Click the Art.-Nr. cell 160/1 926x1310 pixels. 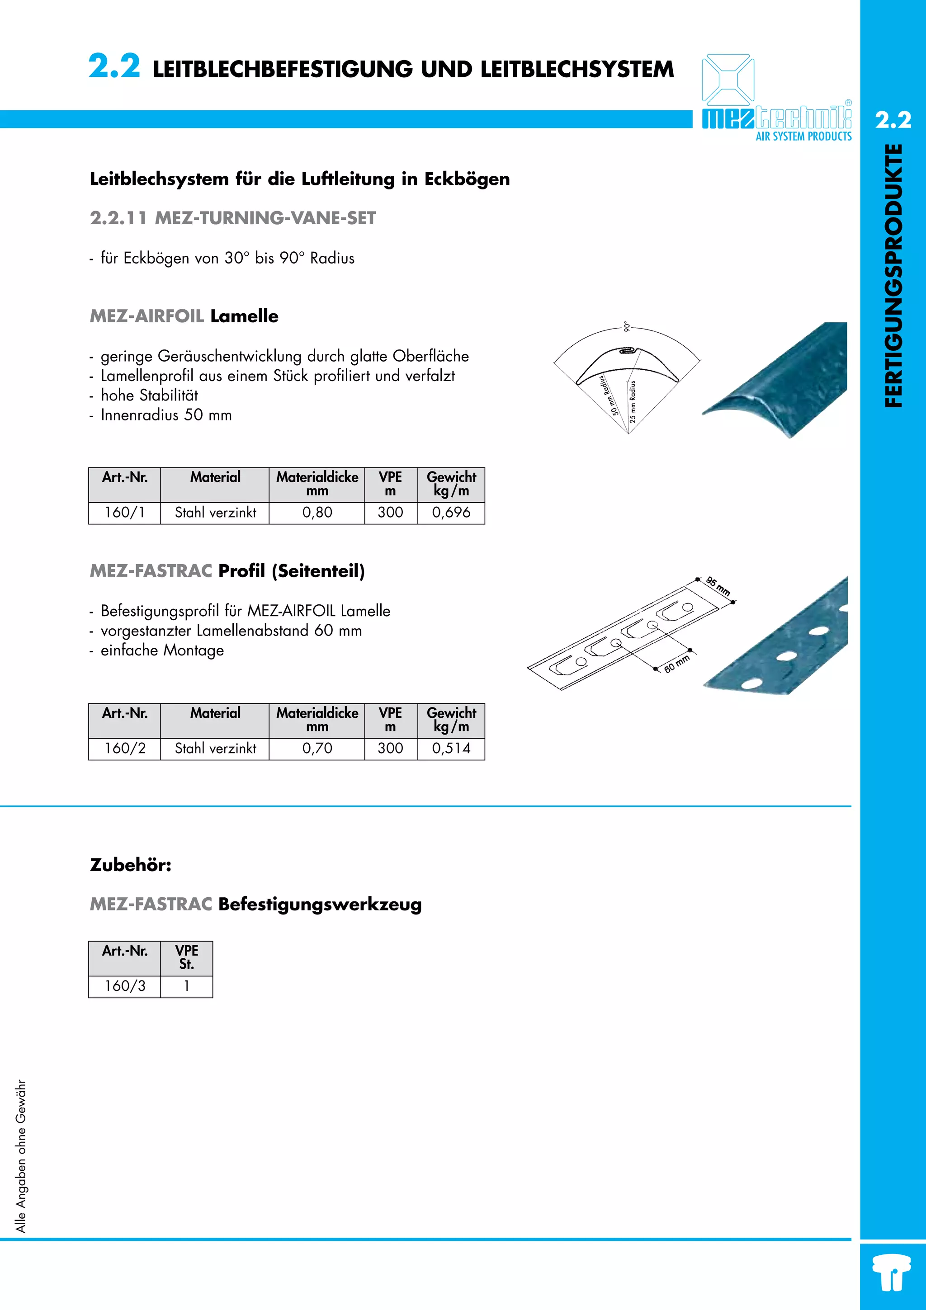[x=124, y=512]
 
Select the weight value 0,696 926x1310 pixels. [x=451, y=512]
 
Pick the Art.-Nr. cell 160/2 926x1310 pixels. [x=124, y=748]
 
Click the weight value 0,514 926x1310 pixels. [x=451, y=748]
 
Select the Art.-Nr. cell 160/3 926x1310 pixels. [x=124, y=986]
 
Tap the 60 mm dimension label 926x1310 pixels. [x=677, y=664]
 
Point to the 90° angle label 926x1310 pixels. [x=627, y=326]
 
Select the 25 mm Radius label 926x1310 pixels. [x=632, y=402]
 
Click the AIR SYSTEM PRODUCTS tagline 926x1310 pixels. [x=803, y=137]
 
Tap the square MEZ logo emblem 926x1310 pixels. [x=728, y=79]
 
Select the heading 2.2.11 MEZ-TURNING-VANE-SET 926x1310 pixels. [x=233, y=218]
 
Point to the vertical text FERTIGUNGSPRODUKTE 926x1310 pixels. [x=893, y=276]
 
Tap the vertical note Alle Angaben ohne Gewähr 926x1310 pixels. [x=21, y=1156]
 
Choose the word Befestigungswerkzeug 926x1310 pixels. [x=320, y=905]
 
